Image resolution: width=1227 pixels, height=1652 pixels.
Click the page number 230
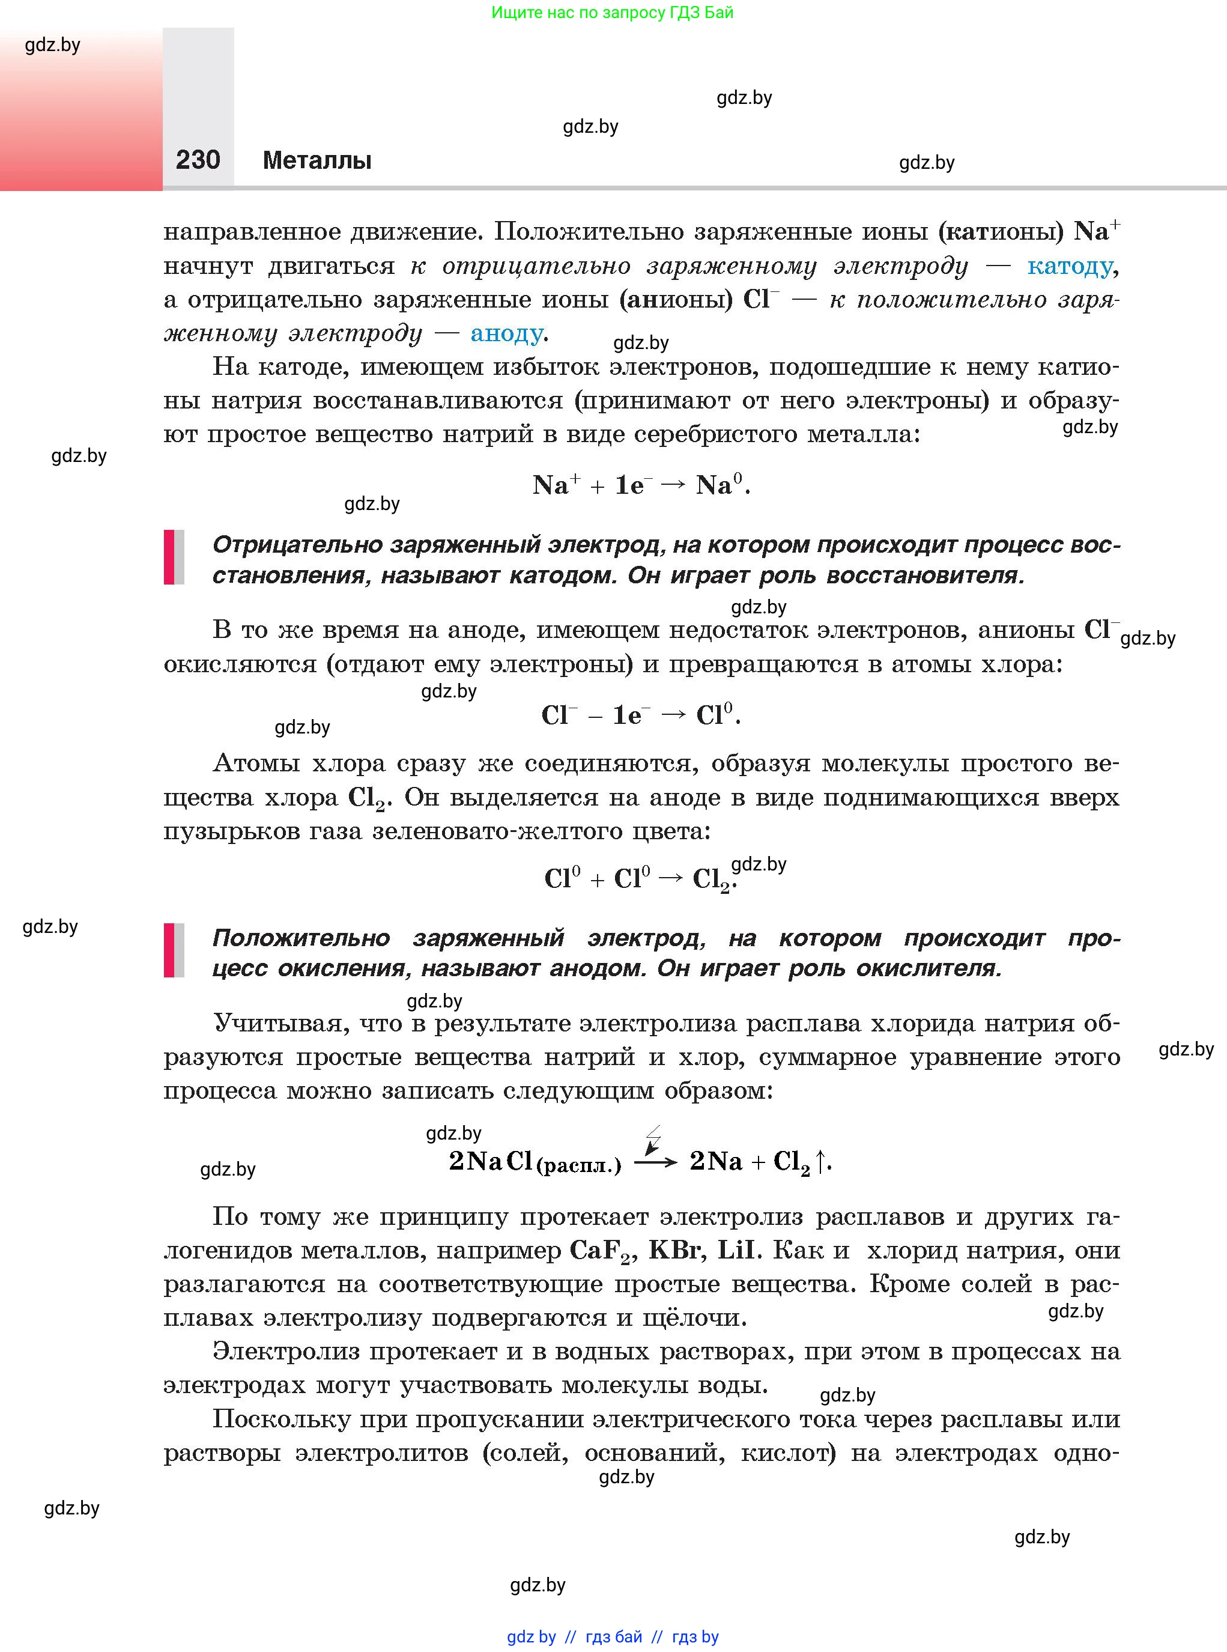pyautogui.click(x=198, y=160)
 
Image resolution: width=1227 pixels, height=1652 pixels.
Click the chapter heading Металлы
pyautogui.click(x=317, y=160)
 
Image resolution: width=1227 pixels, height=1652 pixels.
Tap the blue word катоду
pyautogui.click(x=1070, y=266)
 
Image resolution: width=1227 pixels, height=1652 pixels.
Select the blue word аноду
pyautogui.click(x=506, y=333)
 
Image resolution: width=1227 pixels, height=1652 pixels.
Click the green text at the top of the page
pyautogui.click(x=612, y=13)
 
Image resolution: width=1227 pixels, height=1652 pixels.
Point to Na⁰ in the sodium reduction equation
pyautogui.click(x=718, y=485)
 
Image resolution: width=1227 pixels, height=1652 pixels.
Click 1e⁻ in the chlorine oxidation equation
pyautogui.click(x=631, y=715)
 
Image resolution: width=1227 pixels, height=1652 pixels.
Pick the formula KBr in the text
pyautogui.click(x=675, y=1250)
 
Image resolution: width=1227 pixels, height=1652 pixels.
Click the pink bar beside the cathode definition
pyautogui.click(x=169, y=556)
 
